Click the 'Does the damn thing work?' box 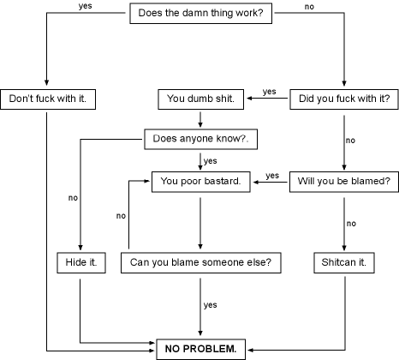click(x=200, y=13)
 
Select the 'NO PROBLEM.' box click(x=200, y=349)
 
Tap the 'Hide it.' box click(x=81, y=262)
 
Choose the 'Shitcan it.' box click(x=344, y=262)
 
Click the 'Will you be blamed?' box click(x=344, y=182)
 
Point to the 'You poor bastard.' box click(x=200, y=182)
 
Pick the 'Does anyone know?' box click(x=200, y=139)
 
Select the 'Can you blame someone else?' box click(x=200, y=262)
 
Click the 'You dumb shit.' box click(x=200, y=99)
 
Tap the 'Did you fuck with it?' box click(x=344, y=99)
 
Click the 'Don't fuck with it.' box click(x=48, y=99)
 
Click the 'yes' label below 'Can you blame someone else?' click(x=211, y=305)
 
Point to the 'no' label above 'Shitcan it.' click(x=351, y=224)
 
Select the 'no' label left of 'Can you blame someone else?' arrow click(x=121, y=216)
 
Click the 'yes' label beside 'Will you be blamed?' click(x=272, y=176)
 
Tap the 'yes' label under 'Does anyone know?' click(x=211, y=161)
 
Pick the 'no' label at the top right click(x=309, y=7)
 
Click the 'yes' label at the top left click(x=86, y=6)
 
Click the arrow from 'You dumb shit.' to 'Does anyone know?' click(x=200, y=119)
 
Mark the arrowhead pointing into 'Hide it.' click(x=80, y=248)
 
